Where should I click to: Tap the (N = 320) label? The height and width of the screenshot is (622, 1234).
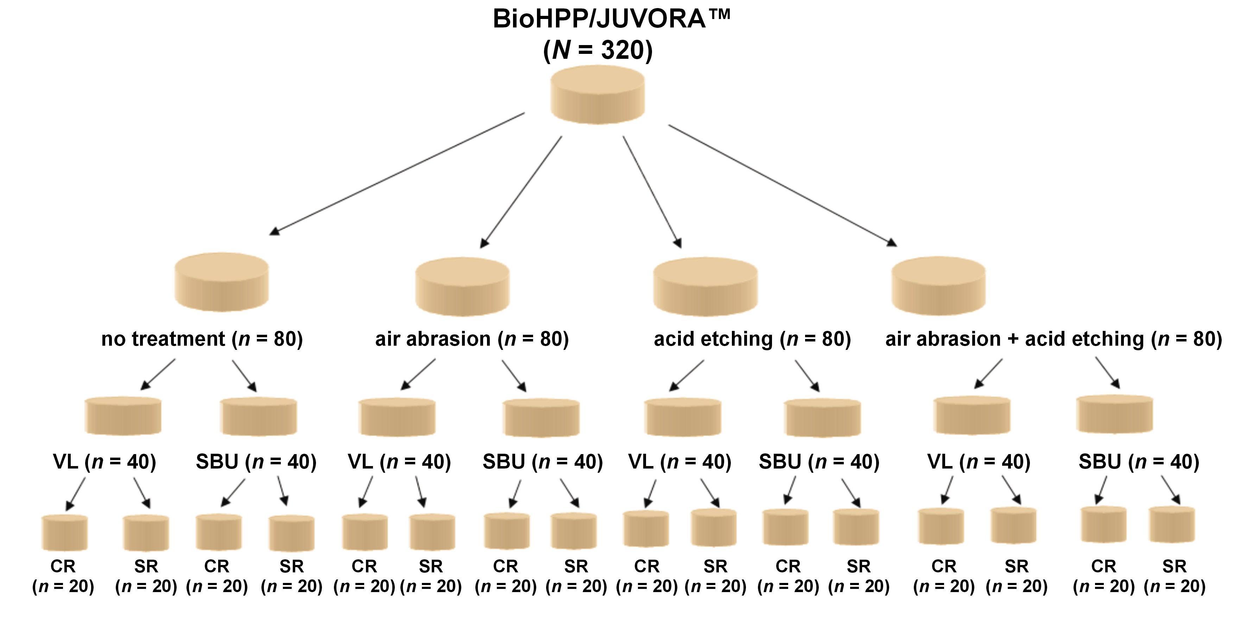[x=597, y=50]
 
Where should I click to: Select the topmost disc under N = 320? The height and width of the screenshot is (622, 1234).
[x=597, y=95]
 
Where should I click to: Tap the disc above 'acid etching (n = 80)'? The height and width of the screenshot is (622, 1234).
[x=705, y=287]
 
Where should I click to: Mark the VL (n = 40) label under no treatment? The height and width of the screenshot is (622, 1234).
[x=105, y=462]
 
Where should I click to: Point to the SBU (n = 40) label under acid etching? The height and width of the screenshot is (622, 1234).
[x=819, y=462]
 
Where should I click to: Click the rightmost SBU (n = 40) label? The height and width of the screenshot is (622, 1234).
[x=1138, y=462]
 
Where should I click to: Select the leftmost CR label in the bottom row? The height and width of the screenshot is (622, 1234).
[x=63, y=567]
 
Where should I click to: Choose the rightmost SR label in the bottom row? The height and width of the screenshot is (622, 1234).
[x=1174, y=567]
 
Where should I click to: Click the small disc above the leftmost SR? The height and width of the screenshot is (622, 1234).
[x=146, y=533]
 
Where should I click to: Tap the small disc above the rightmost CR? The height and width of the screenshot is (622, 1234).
[x=1103, y=524]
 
